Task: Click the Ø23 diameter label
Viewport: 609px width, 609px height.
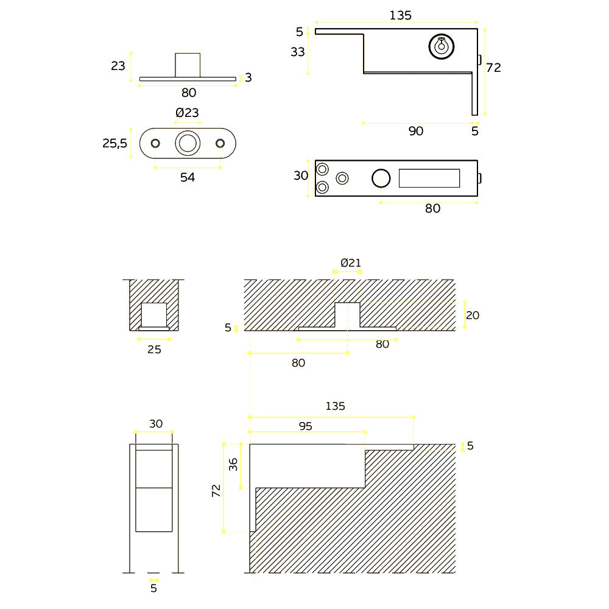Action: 187,113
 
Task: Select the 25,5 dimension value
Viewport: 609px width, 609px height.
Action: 114,143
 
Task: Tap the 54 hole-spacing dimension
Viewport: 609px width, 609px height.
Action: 188,177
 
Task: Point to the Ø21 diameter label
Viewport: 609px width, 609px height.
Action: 351,263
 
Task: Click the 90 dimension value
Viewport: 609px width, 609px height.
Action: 416,131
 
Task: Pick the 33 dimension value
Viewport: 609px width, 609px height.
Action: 298,52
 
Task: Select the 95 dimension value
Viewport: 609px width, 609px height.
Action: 306,426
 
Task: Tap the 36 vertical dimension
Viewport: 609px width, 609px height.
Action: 233,465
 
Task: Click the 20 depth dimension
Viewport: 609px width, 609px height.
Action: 473,315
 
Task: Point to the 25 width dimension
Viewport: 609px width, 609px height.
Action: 154,350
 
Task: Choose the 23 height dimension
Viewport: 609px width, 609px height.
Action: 118,66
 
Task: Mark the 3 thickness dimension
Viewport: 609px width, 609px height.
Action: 248,77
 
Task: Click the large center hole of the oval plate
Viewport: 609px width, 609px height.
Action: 188,143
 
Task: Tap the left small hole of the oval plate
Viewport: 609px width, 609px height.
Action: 155,143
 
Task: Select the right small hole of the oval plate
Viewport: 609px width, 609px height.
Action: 220,143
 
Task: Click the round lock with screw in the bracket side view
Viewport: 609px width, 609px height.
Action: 442,47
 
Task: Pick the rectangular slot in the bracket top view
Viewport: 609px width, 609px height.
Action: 429,178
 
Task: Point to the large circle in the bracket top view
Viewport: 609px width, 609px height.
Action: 381,178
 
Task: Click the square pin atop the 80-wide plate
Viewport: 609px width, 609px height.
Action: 188,65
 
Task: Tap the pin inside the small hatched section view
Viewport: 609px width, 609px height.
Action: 154,314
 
